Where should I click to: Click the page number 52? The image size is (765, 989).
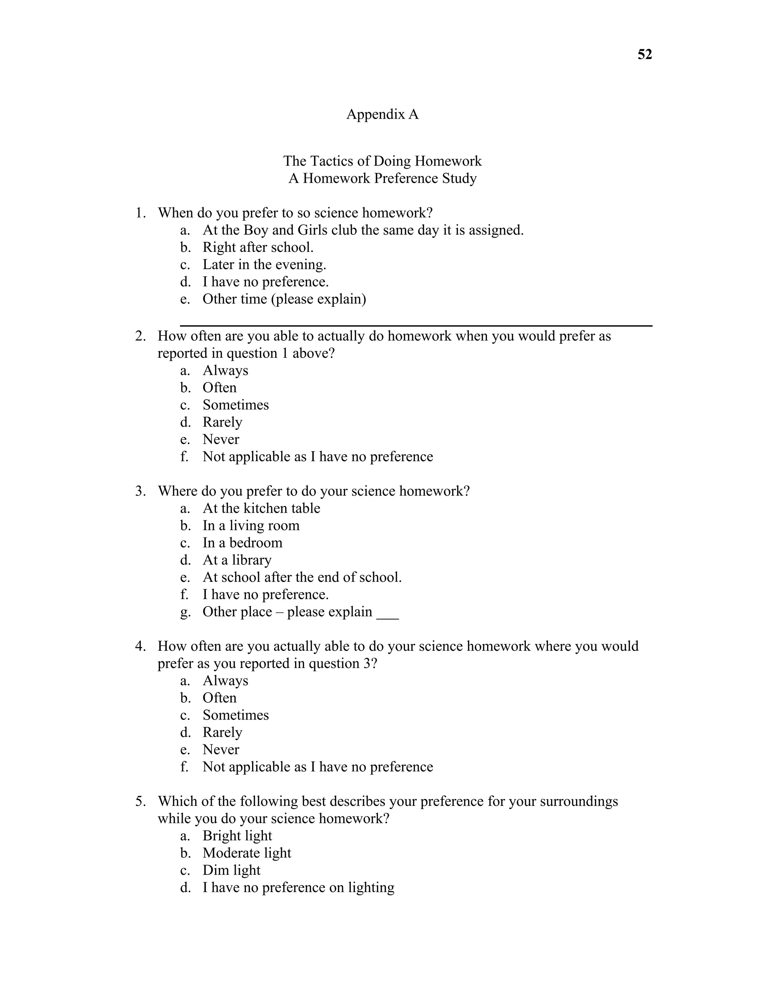(x=644, y=55)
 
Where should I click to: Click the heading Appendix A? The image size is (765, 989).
(x=382, y=114)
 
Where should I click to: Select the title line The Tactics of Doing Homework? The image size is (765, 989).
(x=382, y=161)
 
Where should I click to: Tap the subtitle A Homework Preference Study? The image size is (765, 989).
(x=382, y=178)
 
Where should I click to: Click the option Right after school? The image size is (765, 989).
(x=257, y=247)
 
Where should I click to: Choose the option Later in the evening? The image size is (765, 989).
(x=264, y=265)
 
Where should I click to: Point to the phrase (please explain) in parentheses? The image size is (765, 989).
(x=319, y=299)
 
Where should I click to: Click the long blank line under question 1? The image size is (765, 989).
(x=416, y=325)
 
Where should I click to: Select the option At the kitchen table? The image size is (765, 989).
(x=261, y=508)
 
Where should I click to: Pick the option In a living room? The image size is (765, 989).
(x=251, y=525)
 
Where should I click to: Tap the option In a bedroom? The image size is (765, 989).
(x=242, y=543)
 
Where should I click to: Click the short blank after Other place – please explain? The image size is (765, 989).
(x=387, y=618)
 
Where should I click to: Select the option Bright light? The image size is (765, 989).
(x=237, y=836)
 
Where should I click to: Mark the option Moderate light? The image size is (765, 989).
(x=247, y=853)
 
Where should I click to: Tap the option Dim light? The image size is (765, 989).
(x=231, y=870)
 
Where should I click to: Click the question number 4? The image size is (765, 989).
(x=140, y=646)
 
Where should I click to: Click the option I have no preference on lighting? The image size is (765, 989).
(x=298, y=887)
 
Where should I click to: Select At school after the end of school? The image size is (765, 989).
(x=302, y=577)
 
